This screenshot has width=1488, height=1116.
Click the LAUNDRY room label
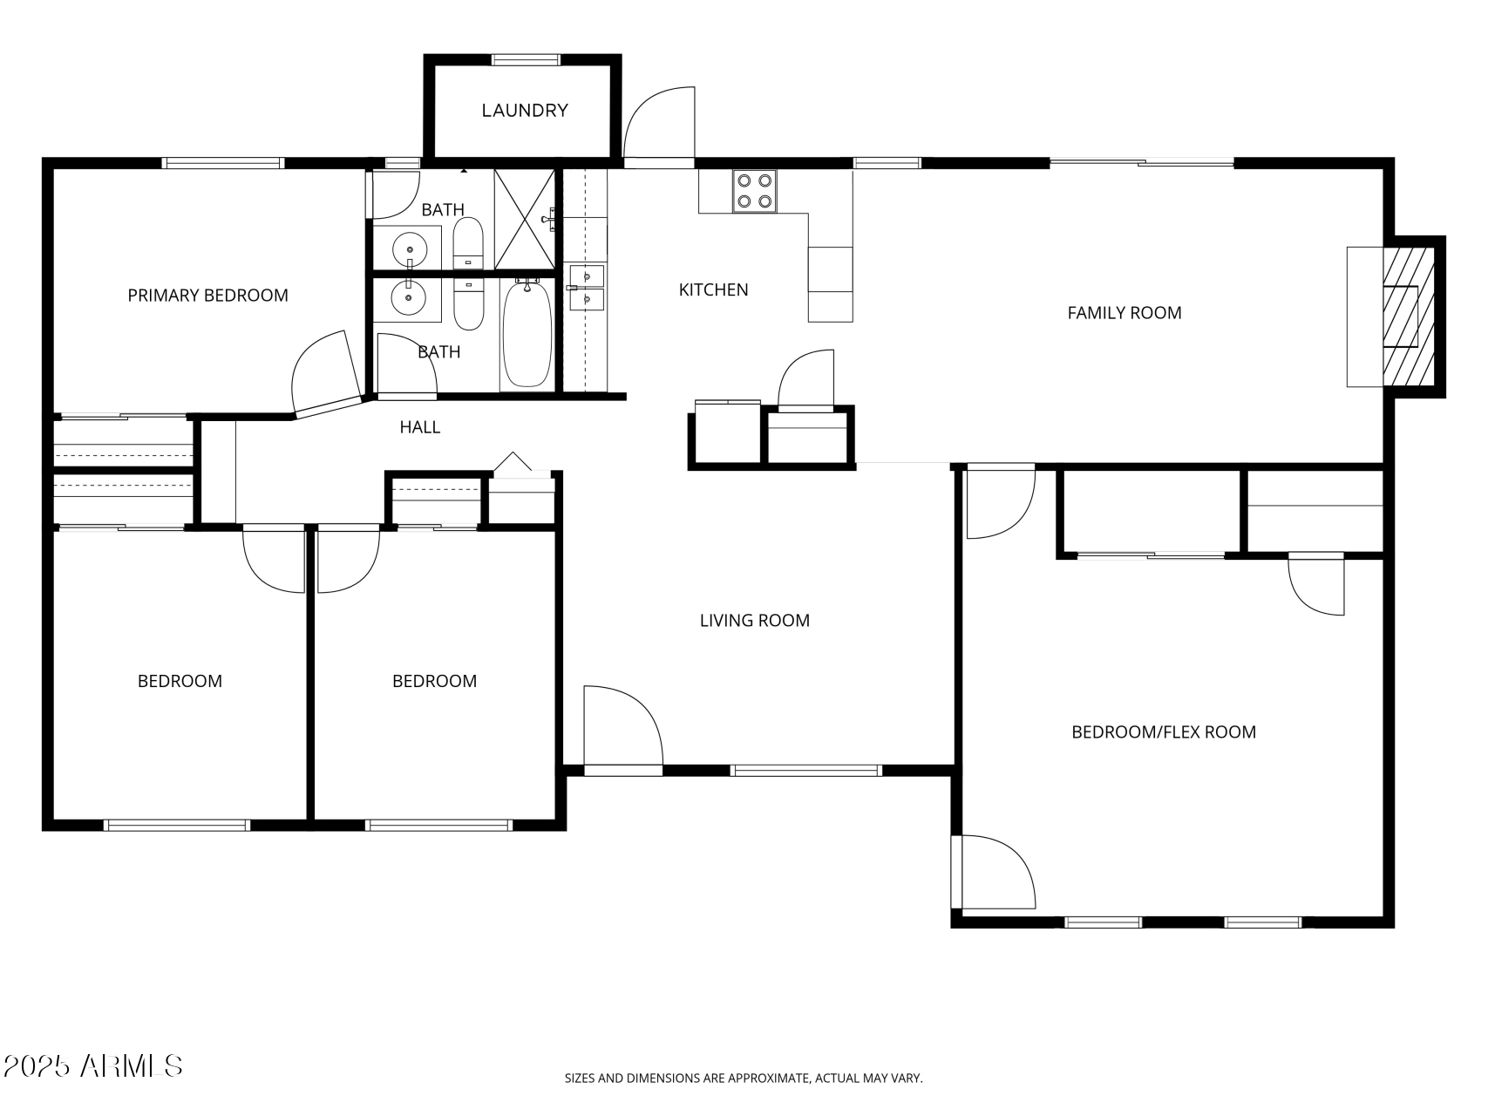(x=525, y=111)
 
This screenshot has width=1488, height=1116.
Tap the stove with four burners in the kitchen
(x=754, y=192)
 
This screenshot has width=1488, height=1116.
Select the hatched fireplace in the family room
(x=1408, y=316)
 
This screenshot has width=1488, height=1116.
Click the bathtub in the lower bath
(x=527, y=334)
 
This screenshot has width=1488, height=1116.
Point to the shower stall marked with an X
(x=524, y=220)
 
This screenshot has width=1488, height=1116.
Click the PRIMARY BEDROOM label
(x=207, y=296)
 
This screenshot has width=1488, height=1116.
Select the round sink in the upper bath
(x=409, y=249)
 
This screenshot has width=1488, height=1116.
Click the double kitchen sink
(x=586, y=288)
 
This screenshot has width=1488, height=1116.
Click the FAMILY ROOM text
(x=1124, y=313)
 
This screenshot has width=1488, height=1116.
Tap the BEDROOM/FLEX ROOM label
(x=1163, y=732)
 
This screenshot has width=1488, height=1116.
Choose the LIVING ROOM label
(x=754, y=621)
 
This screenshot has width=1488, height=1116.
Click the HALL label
(x=419, y=427)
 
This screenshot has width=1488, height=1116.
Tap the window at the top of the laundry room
(x=526, y=60)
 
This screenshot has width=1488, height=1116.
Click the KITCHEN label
(x=713, y=290)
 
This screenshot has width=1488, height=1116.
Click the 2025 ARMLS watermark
(x=93, y=1065)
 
